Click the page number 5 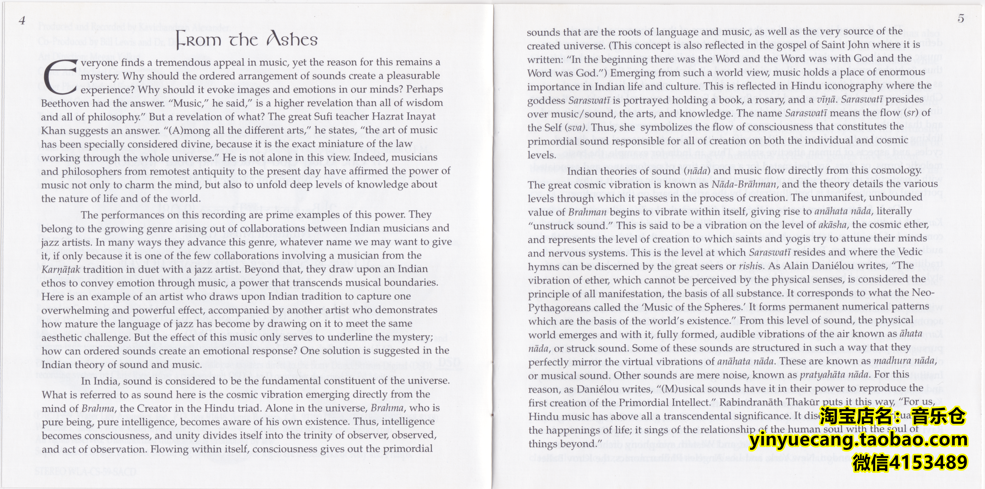tap(961, 18)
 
